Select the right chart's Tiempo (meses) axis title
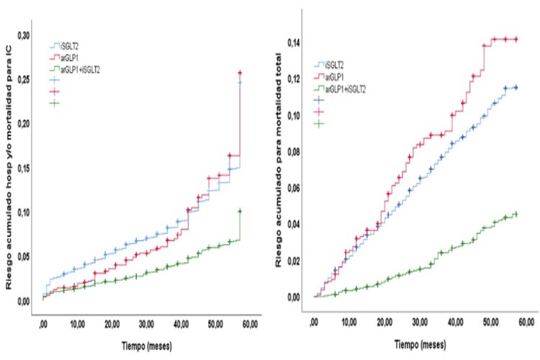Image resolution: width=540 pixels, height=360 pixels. click(x=418, y=344)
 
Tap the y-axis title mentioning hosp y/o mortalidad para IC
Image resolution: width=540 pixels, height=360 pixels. click(x=9, y=173)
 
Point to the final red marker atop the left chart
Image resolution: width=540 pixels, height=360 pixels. click(x=240, y=73)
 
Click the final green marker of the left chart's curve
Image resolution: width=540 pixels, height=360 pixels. click(x=240, y=211)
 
